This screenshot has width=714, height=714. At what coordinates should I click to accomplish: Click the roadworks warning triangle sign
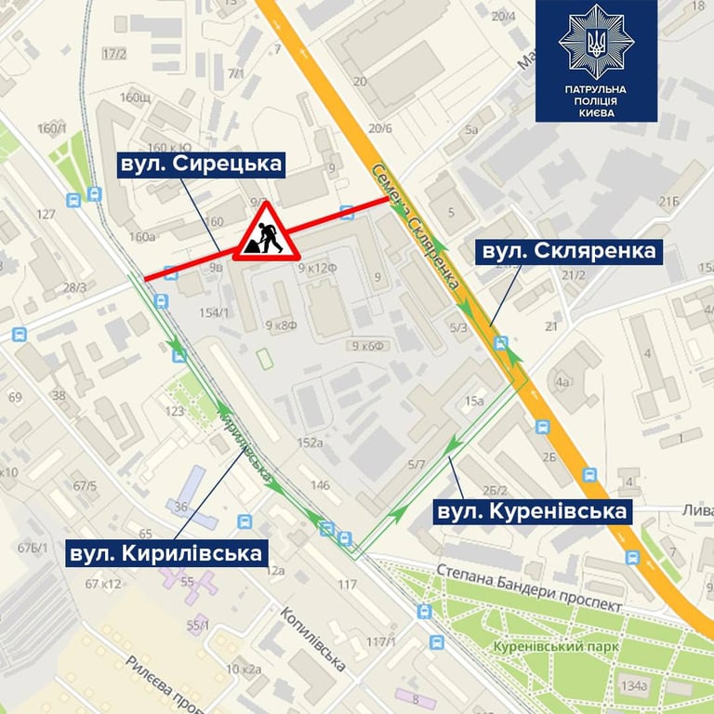tap(267, 233)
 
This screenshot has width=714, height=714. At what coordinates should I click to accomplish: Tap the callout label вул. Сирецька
tap(201, 165)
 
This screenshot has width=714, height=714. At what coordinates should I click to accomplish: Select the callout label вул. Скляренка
tap(566, 251)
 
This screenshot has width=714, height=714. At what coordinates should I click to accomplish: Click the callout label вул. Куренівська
tap(531, 511)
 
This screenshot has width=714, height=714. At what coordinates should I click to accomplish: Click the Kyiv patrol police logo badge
tap(595, 61)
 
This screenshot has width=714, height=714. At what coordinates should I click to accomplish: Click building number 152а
tap(310, 443)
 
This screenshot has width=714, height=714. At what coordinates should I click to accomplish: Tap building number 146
tap(320, 484)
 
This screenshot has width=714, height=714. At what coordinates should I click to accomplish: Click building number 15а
tap(475, 401)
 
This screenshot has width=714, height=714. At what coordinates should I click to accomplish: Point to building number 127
tap(46, 214)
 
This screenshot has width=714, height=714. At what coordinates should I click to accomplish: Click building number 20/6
tap(380, 128)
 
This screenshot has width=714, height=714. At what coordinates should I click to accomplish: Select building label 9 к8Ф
tap(281, 325)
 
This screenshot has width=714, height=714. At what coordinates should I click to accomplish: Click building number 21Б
tap(669, 202)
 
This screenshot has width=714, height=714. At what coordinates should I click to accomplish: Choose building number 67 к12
tap(103, 583)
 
